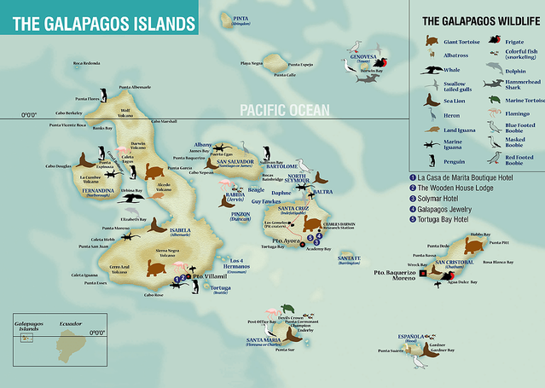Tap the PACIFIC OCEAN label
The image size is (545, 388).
[x=288, y=110]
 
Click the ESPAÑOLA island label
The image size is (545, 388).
[x=401, y=337]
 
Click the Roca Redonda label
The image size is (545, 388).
[x=86, y=63]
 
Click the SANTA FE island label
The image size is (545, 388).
[x=349, y=258]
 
